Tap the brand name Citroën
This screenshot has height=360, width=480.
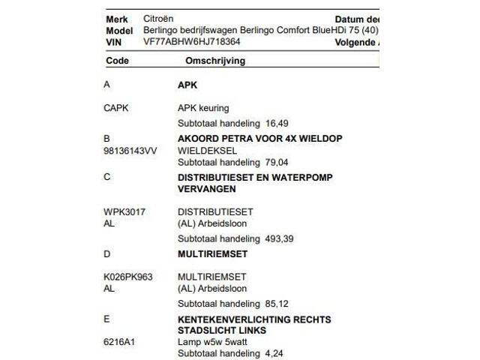point(159,19)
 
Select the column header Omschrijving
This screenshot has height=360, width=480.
point(210,60)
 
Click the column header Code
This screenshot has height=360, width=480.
point(118,60)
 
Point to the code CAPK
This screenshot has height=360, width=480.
point(116,108)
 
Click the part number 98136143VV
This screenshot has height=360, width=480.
point(130,151)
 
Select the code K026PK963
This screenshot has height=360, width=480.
point(127,277)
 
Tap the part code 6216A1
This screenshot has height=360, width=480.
point(118,341)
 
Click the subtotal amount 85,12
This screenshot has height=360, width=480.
point(277,304)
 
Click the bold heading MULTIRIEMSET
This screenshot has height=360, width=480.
point(212,254)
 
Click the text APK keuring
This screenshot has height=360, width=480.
point(203,108)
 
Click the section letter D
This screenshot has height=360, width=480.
point(106,254)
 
